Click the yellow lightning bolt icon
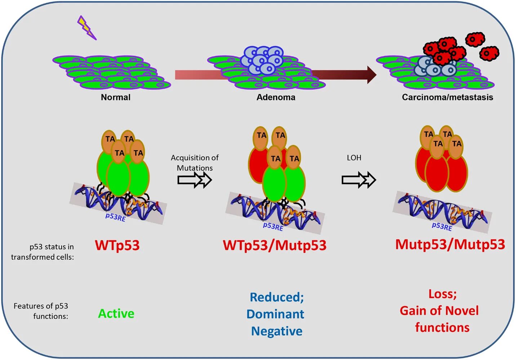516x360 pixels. click(x=86, y=28)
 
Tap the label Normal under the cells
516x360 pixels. click(x=116, y=97)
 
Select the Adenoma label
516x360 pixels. click(x=276, y=97)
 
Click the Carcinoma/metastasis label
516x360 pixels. click(x=447, y=97)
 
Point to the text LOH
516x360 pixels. click(x=354, y=158)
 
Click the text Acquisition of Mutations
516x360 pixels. click(x=195, y=163)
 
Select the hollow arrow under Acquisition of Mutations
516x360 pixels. click(x=195, y=180)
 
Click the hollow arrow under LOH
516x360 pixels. click(x=359, y=180)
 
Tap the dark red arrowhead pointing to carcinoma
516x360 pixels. click(x=372, y=75)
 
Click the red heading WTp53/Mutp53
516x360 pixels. click(x=275, y=245)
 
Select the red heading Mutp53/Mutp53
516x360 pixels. click(x=450, y=244)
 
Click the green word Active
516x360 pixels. click(x=116, y=314)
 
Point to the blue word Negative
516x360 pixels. click(x=277, y=331)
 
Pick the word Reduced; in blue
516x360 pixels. click(x=277, y=297)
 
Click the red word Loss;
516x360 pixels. click(x=442, y=294)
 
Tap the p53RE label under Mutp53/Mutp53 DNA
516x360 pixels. click(x=442, y=226)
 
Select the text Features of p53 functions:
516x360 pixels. click(x=41, y=311)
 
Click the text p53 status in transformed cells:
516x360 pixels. click(x=43, y=252)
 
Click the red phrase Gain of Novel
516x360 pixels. click(x=439, y=311)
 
